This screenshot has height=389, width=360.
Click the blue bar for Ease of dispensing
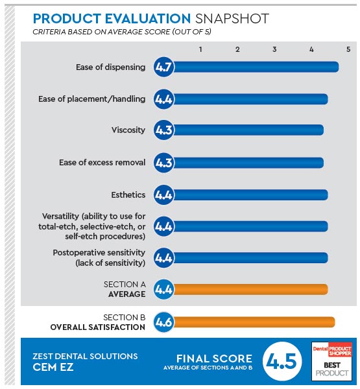coord(256,67)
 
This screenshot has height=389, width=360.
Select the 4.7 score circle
coord(163,67)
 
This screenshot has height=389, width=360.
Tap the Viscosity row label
coord(128,130)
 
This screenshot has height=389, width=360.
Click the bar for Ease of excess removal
coord(248,163)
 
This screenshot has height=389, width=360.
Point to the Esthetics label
coord(128,195)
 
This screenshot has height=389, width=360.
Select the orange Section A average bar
coord(250,290)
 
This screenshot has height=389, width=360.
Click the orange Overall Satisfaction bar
coord(254,322)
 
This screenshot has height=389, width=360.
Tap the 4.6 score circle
coord(163,322)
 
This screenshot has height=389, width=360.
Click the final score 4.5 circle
coord(282,361)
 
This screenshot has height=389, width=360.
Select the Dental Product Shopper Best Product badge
coord(332,361)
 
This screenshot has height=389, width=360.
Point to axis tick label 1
coord(200,49)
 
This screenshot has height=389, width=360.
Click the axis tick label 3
coord(274,49)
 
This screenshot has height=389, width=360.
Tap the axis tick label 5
coord(348,49)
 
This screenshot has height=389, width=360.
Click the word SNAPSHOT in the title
coord(232,19)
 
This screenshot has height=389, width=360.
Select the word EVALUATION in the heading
coord(147,19)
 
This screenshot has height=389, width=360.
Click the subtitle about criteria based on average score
coord(122,32)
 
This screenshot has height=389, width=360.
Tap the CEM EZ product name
coord(53,367)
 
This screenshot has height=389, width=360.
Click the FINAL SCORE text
coord(214,359)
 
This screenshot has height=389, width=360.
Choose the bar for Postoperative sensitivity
coord(250,258)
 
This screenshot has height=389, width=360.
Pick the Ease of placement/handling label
coord(92,99)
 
